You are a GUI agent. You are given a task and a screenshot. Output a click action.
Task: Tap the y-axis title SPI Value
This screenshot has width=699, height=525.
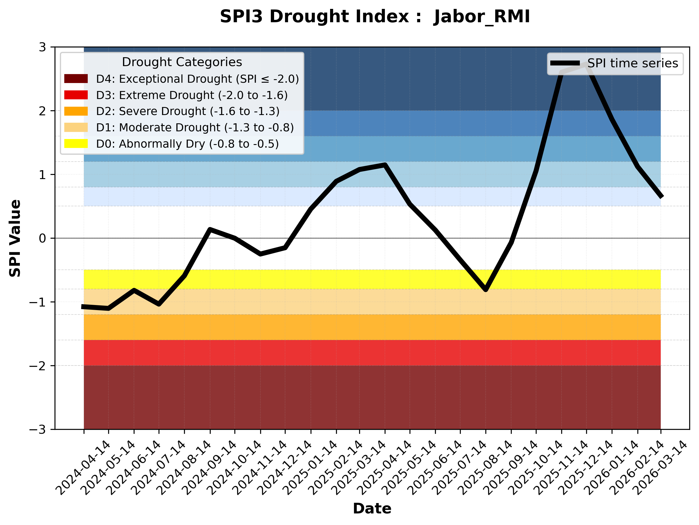15,238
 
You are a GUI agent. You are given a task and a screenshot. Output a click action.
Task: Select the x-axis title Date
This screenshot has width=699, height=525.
372,509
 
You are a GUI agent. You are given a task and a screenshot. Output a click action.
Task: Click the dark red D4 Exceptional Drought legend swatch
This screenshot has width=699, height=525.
76,79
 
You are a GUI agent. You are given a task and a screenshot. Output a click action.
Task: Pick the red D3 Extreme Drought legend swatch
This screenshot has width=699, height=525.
76,95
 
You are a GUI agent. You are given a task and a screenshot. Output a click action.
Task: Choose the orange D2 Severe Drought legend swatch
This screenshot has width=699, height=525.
76,111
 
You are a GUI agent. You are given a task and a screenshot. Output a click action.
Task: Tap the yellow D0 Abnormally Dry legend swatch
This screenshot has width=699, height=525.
76,143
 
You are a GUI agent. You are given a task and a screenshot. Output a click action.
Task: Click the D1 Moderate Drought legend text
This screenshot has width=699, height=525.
195,127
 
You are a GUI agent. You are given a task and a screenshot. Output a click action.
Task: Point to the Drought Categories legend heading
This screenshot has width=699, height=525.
182,62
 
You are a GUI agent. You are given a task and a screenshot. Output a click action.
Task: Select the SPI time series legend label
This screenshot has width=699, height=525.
633,63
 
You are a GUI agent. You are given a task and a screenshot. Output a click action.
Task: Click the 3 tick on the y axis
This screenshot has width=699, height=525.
42,47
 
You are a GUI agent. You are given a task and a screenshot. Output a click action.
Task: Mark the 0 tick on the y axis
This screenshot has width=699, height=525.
42,238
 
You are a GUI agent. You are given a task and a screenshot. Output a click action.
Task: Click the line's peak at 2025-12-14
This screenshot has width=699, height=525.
586,64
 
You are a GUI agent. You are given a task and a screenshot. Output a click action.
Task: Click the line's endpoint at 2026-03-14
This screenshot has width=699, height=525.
661,197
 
